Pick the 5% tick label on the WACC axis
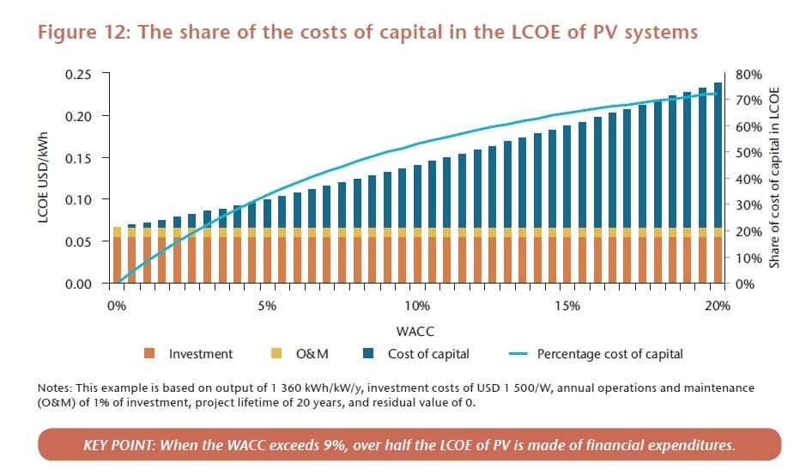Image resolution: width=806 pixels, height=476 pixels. tap(267, 305)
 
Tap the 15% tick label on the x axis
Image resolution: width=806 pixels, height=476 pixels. tap(567, 305)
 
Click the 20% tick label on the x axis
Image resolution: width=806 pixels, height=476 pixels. tap(718, 305)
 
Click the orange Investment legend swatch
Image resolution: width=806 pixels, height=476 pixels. tap(149, 353)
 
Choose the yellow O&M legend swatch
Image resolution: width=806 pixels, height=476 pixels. tap(276, 353)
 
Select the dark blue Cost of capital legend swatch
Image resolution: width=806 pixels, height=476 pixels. tap(368, 353)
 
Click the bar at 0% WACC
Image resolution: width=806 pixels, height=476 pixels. tap(117, 255)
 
